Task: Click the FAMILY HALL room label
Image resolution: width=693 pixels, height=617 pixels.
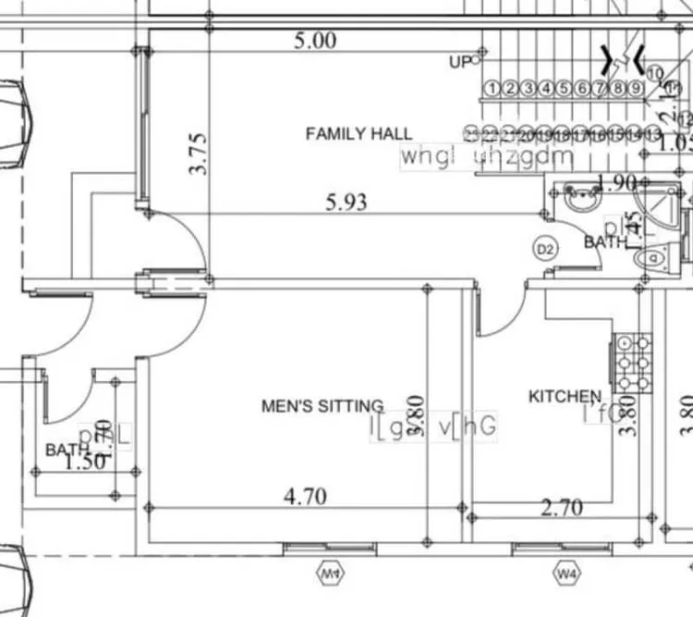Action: (359, 134)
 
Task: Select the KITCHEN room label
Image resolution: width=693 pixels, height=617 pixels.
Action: (564, 397)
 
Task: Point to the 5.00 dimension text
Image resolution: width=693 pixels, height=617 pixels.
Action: (315, 41)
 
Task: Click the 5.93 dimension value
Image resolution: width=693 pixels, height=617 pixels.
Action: (346, 202)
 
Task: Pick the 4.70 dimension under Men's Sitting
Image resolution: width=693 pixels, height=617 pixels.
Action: (305, 497)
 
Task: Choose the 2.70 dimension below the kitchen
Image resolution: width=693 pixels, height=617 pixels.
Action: (561, 507)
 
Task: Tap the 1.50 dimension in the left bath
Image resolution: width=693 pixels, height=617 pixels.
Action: (85, 463)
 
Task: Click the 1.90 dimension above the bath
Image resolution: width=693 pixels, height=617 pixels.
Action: (618, 183)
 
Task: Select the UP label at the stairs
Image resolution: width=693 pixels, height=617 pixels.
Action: (460, 62)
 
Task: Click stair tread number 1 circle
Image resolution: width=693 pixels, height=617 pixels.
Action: (492, 89)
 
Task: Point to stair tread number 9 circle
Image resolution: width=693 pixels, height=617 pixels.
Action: (636, 89)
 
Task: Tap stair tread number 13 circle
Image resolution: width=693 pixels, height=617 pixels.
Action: (653, 136)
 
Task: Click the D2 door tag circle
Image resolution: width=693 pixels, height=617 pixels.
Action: (545, 249)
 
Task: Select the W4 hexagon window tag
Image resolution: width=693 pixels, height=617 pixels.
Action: (566, 574)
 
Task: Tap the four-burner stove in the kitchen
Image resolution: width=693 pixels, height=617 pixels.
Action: (634, 362)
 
